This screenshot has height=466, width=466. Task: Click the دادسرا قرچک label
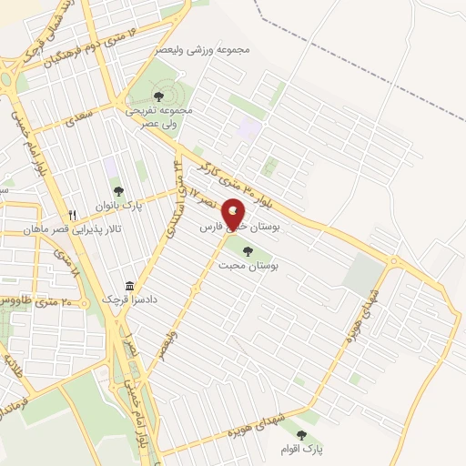(x=123, y=299)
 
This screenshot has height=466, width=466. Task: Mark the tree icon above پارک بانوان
(x=118, y=189)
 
